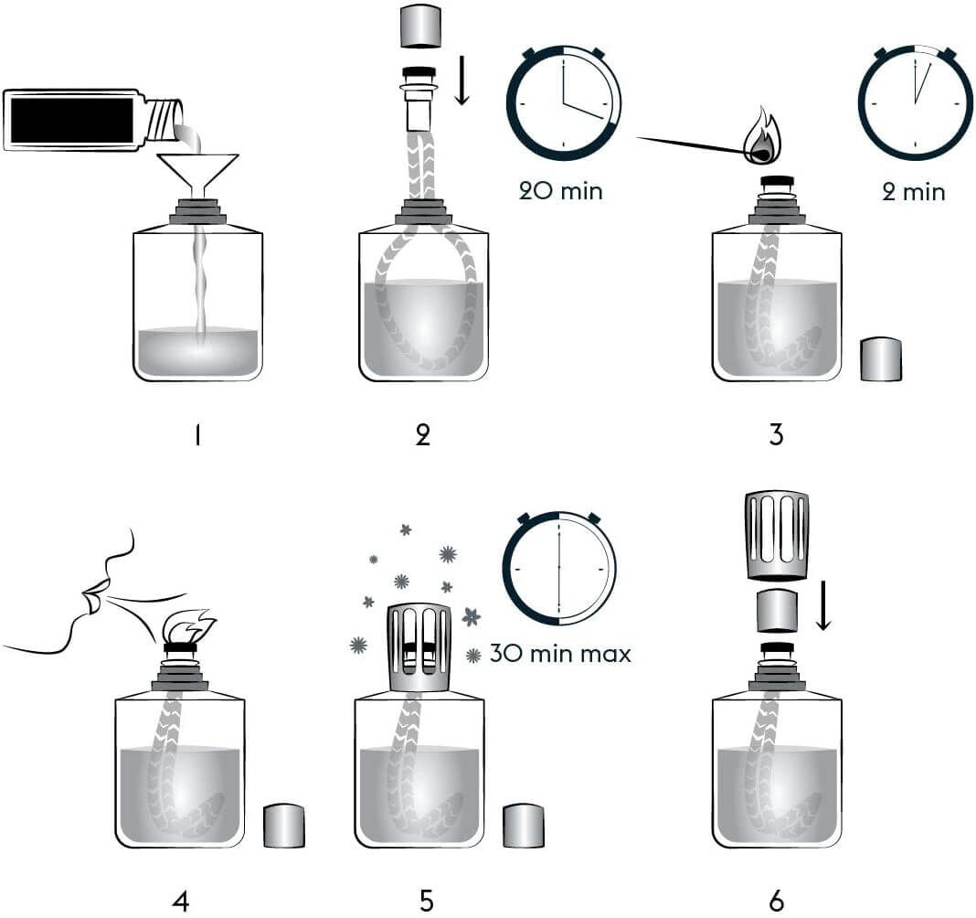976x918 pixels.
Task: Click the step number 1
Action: [197, 435]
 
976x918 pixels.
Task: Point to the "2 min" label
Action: [914, 192]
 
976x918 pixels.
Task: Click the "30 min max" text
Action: [560, 654]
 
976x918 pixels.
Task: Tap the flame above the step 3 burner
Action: [756, 134]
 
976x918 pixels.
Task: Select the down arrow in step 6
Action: [823, 610]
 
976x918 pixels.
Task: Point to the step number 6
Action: [777, 901]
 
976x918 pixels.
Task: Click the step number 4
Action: [180, 901]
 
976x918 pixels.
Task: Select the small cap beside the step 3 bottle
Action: [881, 359]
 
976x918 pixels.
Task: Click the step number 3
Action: [776, 435]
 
